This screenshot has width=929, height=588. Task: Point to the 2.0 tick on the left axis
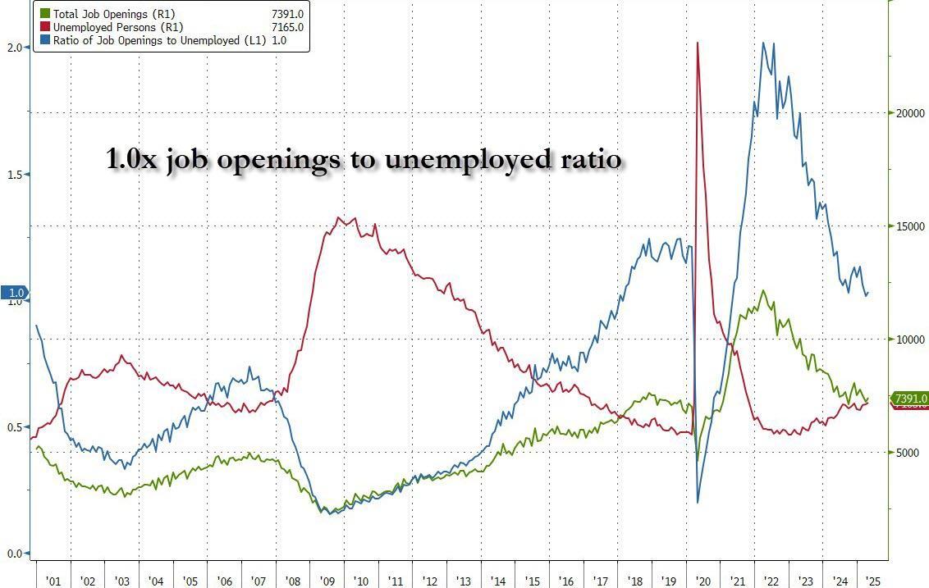click(x=13, y=48)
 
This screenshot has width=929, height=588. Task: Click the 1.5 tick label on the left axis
click(x=13, y=175)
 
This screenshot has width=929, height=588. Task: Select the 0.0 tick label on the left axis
click(x=13, y=554)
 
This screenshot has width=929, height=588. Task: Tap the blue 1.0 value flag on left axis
click(x=15, y=293)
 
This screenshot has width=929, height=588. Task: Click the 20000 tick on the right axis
click(x=907, y=113)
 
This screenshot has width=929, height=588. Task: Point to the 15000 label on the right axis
click(x=907, y=226)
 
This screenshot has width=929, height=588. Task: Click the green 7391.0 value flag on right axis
click(x=910, y=399)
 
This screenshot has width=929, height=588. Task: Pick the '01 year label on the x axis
click(x=53, y=581)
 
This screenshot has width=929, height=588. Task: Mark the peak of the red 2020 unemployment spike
click(x=697, y=43)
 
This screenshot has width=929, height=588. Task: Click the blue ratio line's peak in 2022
click(x=764, y=43)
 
